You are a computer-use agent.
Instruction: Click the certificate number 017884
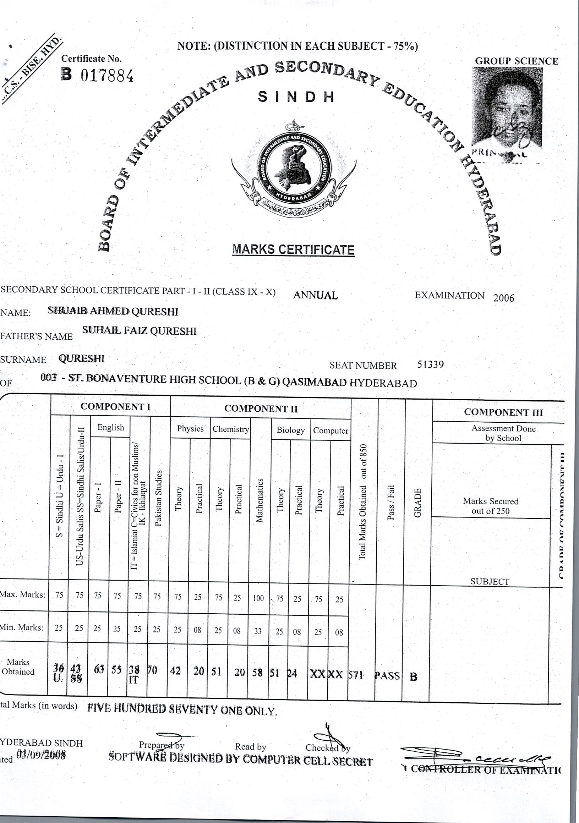click(107, 76)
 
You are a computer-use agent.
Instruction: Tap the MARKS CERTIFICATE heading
click(293, 249)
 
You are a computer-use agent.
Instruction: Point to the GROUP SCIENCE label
click(517, 61)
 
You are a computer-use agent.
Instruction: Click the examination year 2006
click(503, 298)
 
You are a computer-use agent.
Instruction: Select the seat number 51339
click(430, 364)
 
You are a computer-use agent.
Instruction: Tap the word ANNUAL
click(316, 295)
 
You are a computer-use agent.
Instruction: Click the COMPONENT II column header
click(261, 409)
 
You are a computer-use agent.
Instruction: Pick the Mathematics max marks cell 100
click(258, 598)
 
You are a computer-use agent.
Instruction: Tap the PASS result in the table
click(387, 676)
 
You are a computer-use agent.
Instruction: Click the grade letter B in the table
click(413, 677)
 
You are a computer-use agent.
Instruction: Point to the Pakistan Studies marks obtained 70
click(152, 670)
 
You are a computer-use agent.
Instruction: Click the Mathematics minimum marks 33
click(258, 631)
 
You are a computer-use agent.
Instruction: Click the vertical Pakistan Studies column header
click(159, 498)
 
